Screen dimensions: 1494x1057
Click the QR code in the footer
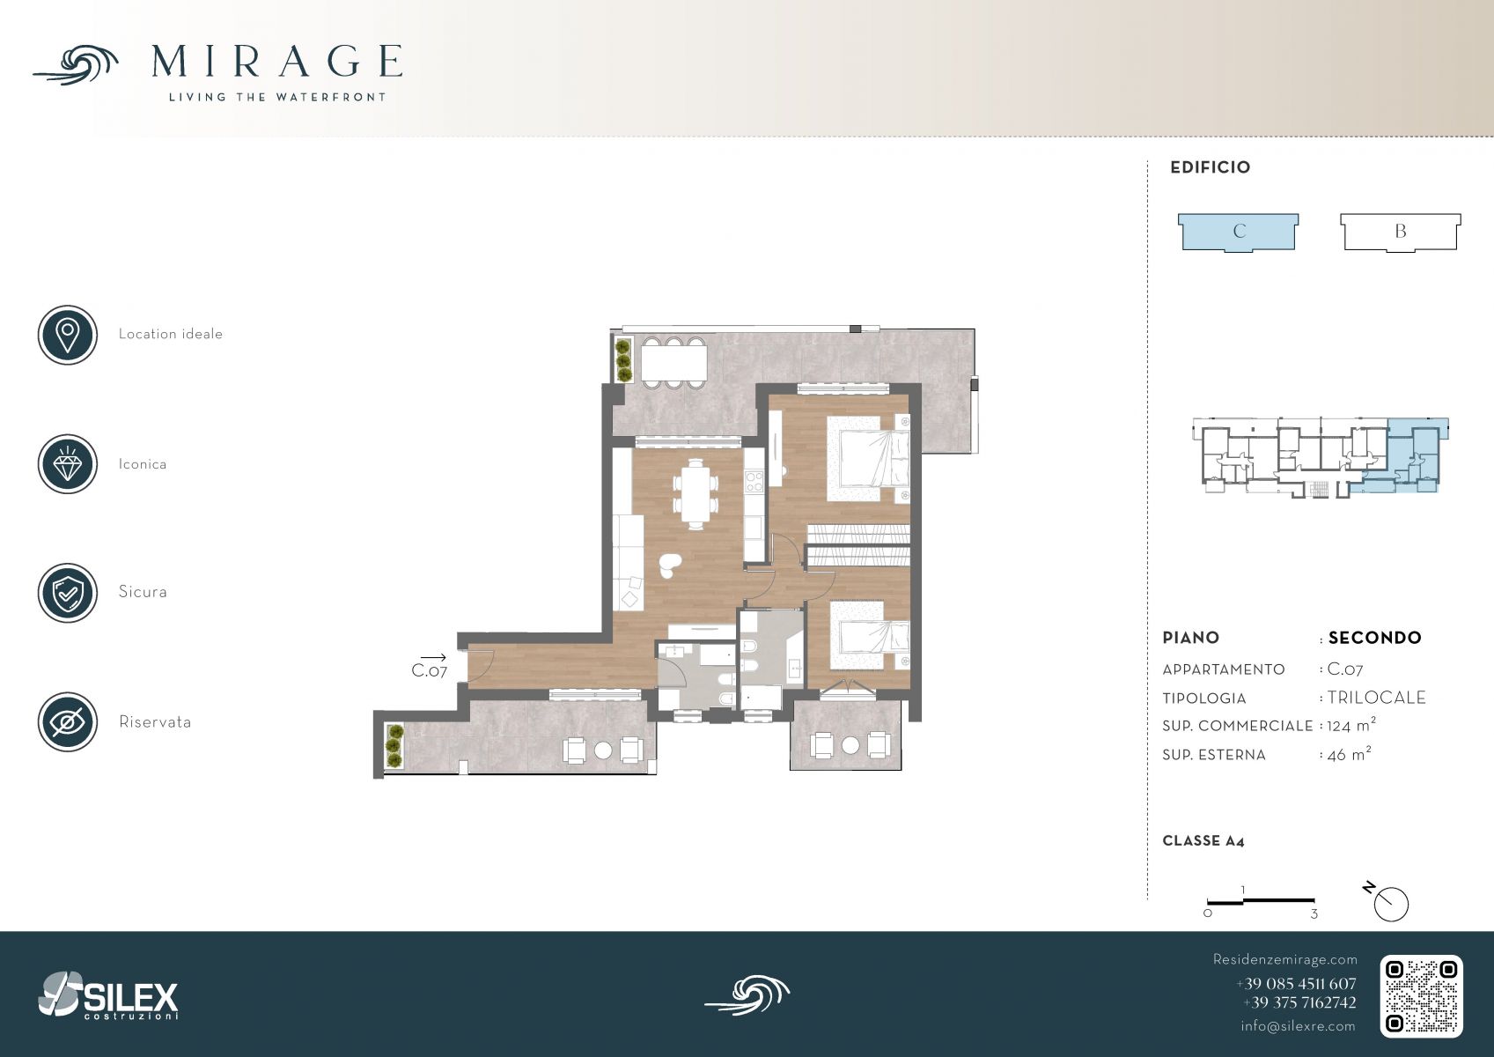click(1421, 996)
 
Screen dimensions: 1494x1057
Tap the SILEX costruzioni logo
click(108, 995)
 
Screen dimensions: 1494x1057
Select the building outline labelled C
click(1238, 233)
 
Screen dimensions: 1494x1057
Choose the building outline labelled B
click(1401, 233)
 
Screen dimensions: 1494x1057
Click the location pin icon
click(68, 335)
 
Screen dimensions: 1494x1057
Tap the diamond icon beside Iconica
click(68, 464)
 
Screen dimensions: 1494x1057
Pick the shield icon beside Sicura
click(68, 593)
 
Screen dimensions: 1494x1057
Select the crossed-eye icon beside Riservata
click(68, 722)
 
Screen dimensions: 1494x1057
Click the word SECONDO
click(1374, 638)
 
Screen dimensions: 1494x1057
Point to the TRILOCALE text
click(1376, 698)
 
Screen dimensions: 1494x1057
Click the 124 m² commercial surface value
click(1351, 725)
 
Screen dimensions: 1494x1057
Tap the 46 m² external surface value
click(1349, 754)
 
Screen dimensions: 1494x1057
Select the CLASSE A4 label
click(1203, 841)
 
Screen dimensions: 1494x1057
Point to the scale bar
click(1261, 901)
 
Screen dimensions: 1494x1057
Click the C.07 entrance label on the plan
click(429, 670)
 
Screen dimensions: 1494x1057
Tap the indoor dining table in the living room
click(695, 494)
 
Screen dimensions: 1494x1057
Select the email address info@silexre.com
click(1298, 1026)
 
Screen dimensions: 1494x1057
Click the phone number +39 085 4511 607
click(1296, 984)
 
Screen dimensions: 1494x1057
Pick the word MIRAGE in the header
click(276, 62)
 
